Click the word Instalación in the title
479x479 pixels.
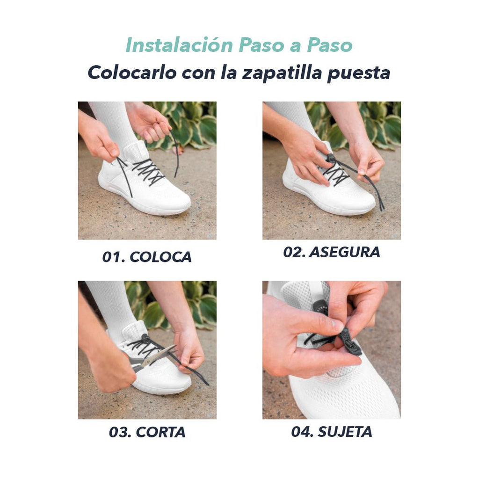(x=179, y=45)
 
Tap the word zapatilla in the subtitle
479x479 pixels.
(x=282, y=73)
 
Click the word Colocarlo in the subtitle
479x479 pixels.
(x=132, y=73)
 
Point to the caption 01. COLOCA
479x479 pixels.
(x=147, y=257)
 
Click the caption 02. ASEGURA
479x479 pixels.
(x=332, y=252)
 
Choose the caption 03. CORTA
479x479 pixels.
(x=147, y=432)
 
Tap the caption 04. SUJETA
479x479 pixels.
(x=332, y=432)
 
